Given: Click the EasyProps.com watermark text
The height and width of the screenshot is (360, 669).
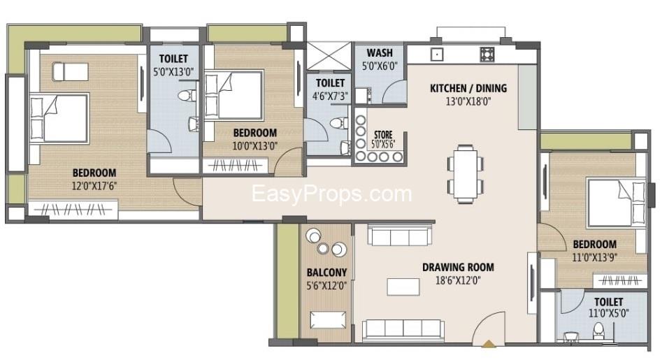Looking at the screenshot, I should [331, 194].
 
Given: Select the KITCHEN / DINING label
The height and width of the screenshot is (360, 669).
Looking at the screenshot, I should [468, 89].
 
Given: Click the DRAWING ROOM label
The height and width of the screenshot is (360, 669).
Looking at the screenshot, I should [458, 267].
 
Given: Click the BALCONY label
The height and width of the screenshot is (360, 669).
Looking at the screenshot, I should [326, 273].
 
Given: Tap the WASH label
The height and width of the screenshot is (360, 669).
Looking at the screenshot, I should [379, 53].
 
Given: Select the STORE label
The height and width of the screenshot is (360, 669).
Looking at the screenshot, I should [383, 134].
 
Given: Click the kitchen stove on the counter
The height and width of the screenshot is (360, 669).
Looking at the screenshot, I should [487, 54].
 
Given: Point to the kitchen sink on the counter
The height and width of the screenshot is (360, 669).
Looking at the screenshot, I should [437, 54].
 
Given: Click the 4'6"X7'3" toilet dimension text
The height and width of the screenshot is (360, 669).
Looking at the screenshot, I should [329, 96].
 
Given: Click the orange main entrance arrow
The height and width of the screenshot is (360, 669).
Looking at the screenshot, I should [487, 343].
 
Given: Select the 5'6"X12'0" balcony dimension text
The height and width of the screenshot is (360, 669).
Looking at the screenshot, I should [326, 285].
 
